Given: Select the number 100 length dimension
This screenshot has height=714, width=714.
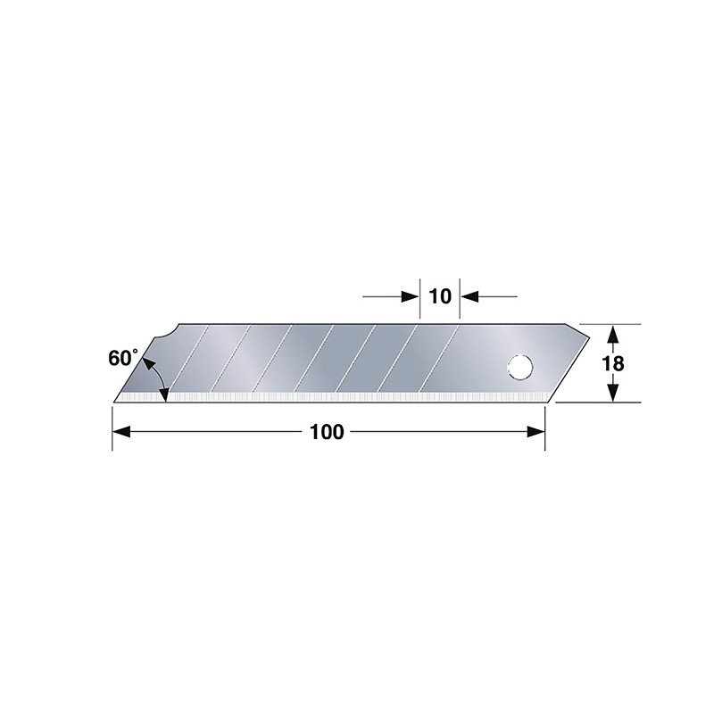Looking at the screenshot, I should pyautogui.click(x=327, y=432).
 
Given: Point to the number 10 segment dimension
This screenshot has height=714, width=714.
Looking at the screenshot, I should pyautogui.click(x=440, y=296).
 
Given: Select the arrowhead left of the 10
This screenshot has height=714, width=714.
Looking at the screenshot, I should pyautogui.click(x=411, y=296).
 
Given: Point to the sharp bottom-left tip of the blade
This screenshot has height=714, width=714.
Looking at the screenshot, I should pyautogui.click(x=116, y=401).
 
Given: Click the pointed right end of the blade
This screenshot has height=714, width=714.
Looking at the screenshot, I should pyautogui.click(x=588, y=337).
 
